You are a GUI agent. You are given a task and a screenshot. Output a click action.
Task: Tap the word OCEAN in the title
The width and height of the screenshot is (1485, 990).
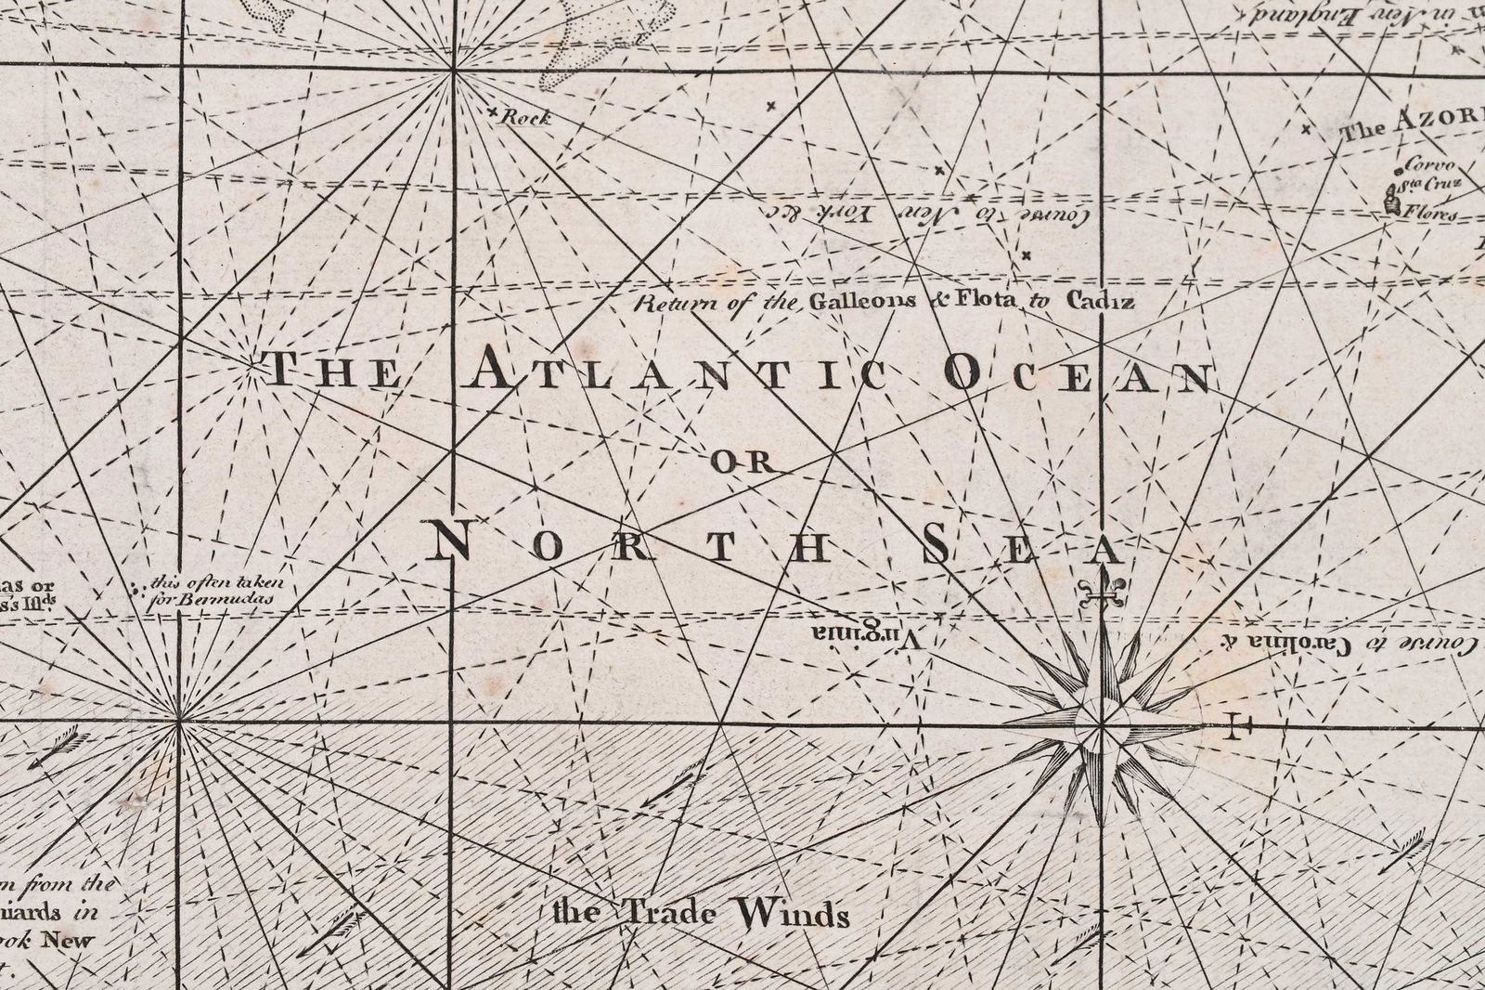click(1077, 375)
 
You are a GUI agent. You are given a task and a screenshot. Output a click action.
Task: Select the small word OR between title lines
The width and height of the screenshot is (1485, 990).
click(741, 462)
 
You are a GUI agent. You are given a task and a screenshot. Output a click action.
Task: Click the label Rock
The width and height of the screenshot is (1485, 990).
click(525, 118)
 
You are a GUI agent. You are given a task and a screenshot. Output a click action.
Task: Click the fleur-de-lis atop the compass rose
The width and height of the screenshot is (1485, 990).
click(1102, 590)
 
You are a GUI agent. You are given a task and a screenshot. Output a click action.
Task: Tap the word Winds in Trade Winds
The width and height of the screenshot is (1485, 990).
click(794, 916)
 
